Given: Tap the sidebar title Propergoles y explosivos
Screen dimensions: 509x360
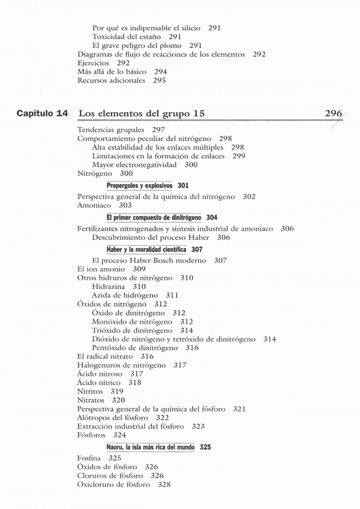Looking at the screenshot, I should (x=139, y=186).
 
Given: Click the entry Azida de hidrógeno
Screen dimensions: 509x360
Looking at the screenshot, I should (x=125, y=296).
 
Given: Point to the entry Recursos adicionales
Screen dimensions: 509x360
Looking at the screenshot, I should (x=112, y=80).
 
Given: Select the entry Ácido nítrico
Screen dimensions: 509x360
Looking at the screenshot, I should (x=99, y=382).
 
